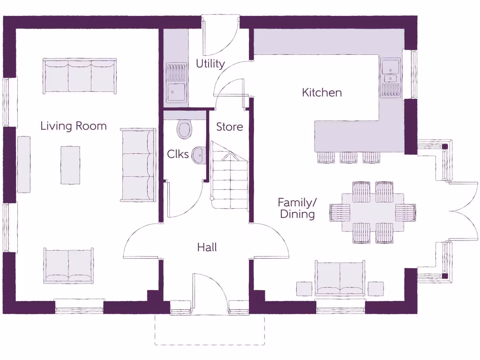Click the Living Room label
(74, 126)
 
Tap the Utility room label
(210, 64)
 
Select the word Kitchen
(322, 93)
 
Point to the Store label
(229, 127)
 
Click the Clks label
(178, 154)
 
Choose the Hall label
(207, 247)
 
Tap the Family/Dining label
(297, 209)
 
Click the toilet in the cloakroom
(185, 129)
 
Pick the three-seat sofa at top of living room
(80, 76)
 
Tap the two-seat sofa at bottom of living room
(68, 265)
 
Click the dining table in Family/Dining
(373, 212)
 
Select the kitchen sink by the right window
(390, 77)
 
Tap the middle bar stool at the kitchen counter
(348, 157)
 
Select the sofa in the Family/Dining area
(340, 278)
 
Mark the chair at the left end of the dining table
(339, 212)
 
